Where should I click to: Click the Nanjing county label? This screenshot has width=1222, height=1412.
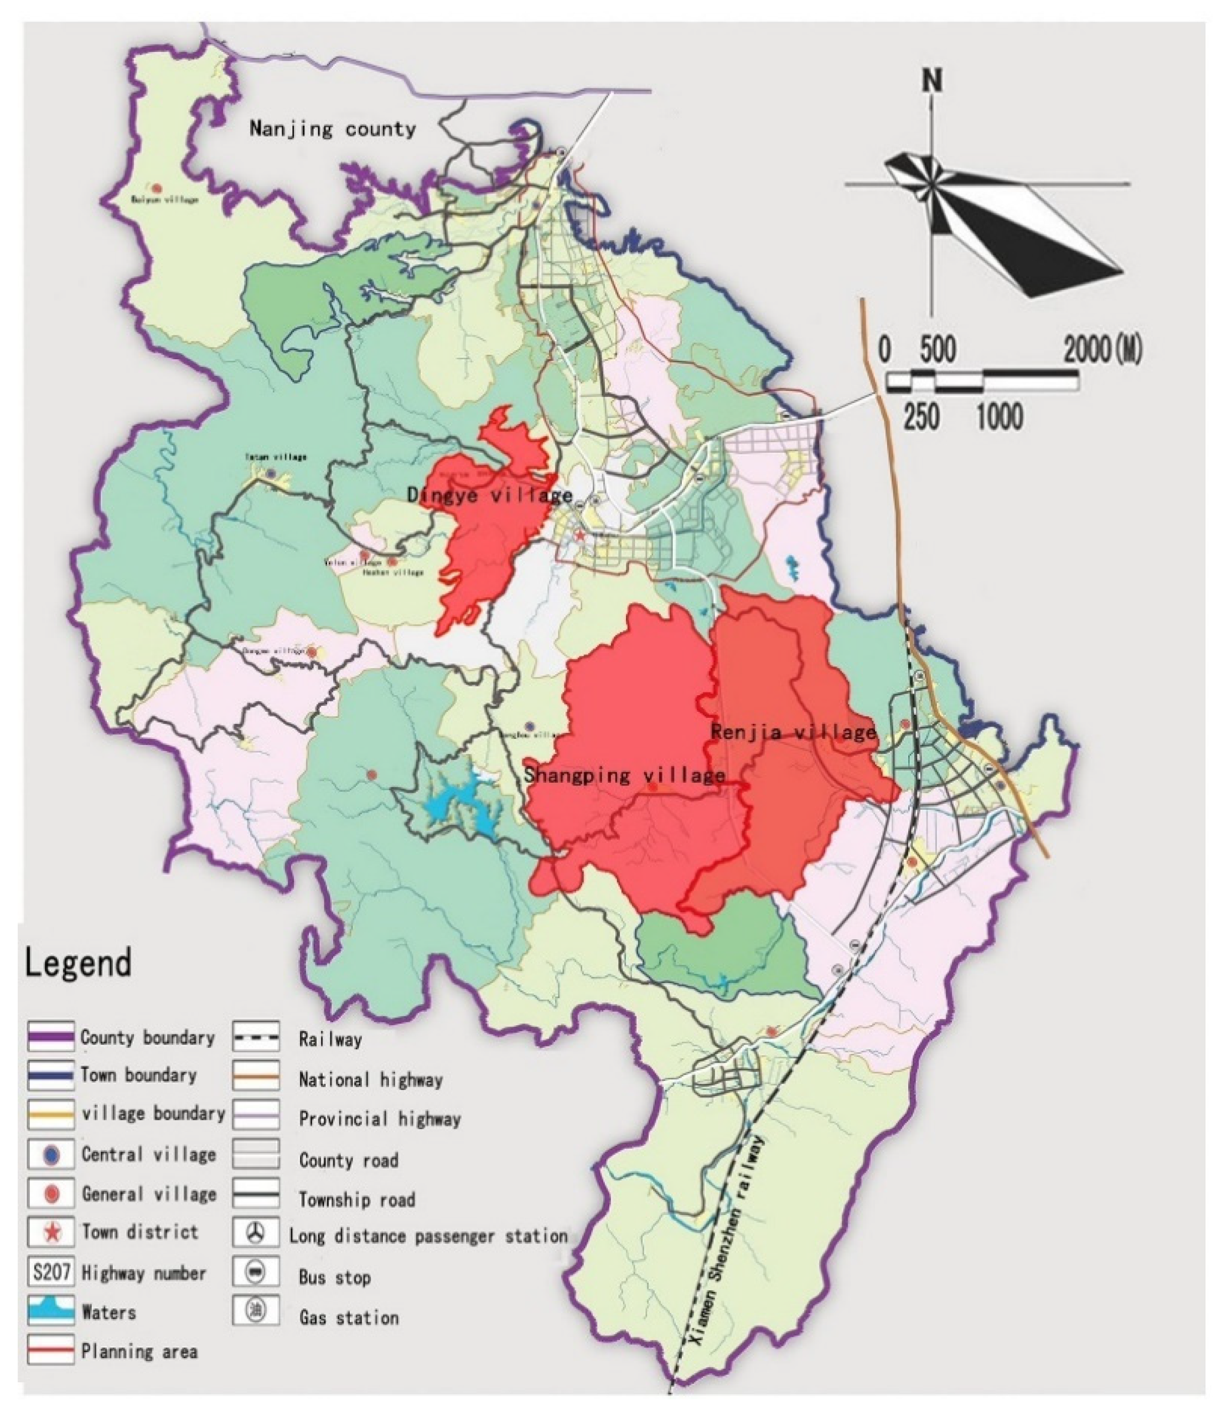point(332,129)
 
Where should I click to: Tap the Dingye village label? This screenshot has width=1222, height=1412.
point(490,495)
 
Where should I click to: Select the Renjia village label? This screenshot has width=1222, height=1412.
point(793,733)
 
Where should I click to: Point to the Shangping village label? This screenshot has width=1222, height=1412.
point(624,775)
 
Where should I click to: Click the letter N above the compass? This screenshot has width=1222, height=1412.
point(931,80)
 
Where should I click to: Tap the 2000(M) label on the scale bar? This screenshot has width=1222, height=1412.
point(1102,350)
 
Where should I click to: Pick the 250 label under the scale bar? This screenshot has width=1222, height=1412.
point(921,416)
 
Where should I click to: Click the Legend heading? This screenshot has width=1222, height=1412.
point(77,963)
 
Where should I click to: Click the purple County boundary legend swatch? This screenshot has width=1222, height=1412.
point(51,1037)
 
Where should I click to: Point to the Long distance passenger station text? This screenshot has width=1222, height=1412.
point(428,1236)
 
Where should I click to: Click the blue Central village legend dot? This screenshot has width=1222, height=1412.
point(51,1155)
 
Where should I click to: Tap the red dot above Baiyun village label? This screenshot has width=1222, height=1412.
point(157,188)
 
